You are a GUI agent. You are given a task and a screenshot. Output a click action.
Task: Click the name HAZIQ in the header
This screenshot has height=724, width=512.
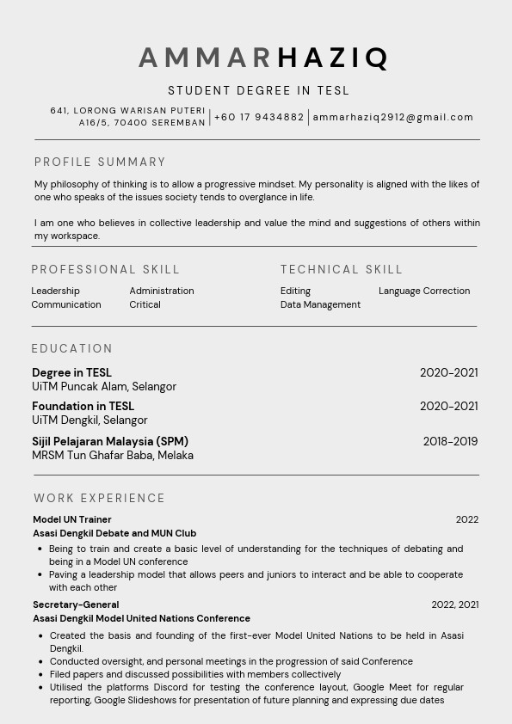(333, 58)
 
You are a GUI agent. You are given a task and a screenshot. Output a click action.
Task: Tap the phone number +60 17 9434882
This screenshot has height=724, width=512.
(259, 117)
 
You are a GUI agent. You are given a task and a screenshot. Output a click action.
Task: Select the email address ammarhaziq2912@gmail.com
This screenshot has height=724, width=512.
(393, 117)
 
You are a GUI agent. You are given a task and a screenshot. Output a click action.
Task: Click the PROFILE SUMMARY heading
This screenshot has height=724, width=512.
(100, 162)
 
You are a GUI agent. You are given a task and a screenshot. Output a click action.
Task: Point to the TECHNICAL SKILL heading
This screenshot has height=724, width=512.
(342, 269)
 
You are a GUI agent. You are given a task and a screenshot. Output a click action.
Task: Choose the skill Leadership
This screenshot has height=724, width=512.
(55, 291)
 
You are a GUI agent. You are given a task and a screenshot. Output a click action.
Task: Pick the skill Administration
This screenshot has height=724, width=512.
(162, 291)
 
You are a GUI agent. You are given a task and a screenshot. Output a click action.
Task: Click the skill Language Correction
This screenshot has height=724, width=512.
(424, 291)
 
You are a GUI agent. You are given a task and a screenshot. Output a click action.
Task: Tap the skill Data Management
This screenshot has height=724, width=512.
(320, 304)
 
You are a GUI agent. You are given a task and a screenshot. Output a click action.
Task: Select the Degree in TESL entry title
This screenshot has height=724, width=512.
(71, 372)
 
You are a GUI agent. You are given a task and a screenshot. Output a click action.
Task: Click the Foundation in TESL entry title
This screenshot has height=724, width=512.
(83, 406)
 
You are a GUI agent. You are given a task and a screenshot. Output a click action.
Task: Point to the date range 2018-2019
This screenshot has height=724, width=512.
(450, 441)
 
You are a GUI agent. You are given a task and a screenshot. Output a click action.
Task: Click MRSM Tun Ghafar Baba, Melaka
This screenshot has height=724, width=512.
(113, 455)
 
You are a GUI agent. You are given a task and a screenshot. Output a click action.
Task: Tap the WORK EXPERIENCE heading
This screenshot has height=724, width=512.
(99, 498)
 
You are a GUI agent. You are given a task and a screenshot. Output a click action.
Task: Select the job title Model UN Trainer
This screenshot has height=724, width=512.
(72, 519)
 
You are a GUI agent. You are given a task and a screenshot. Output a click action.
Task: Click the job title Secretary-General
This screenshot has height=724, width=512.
(76, 604)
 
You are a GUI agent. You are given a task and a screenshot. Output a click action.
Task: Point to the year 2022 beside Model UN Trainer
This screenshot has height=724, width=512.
(467, 519)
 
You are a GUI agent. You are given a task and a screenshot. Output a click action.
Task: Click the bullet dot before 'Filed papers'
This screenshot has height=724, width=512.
(40, 675)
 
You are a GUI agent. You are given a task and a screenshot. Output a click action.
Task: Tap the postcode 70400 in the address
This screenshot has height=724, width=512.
(132, 123)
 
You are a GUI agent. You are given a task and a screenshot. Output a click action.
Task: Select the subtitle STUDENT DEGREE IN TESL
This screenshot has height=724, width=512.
(258, 90)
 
